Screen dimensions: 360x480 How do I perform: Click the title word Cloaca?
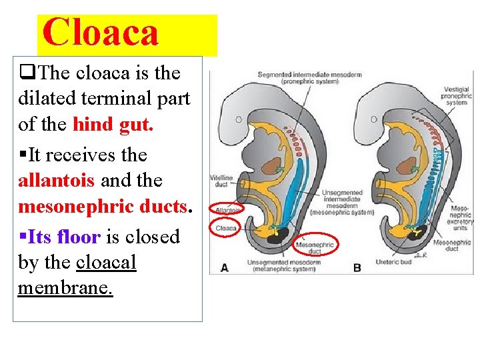[x=101, y=33]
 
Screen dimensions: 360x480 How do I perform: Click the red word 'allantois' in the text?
[x=57, y=181]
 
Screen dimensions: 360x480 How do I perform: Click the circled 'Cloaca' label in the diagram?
[x=225, y=228]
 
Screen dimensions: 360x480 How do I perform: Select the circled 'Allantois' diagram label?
[x=227, y=209]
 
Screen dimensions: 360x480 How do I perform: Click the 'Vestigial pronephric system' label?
[x=457, y=97]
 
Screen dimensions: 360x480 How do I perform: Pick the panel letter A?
[x=224, y=268]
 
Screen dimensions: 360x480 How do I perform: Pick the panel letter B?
[x=357, y=268]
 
